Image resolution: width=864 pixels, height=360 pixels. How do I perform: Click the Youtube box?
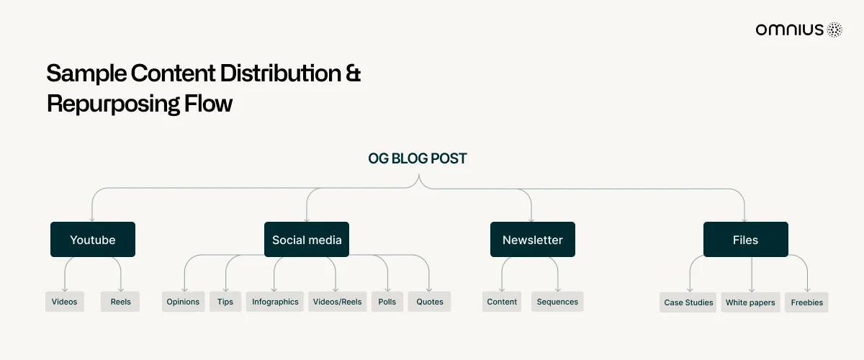pyautogui.click(x=93, y=239)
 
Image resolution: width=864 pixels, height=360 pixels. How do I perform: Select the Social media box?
pyautogui.click(x=307, y=239)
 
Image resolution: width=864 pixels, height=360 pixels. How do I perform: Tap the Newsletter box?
pyautogui.click(x=533, y=239)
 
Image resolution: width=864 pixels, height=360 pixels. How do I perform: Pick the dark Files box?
pyautogui.click(x=746, y=239)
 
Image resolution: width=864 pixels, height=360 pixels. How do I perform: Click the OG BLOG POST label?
pyautogui.click(x=418, y=158)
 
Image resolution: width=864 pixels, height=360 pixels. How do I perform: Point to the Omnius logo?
pyautogui.click(x=798, y=30)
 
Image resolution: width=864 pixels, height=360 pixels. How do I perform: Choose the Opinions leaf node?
pyautogui.click(x=183, y=302)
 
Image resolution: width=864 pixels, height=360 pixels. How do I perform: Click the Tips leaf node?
pyautogui.click(x=225, y=302)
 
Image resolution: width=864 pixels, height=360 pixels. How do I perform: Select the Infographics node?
pyautogui.click(x=275, y=302)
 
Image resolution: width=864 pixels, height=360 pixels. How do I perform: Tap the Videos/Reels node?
pyautogui.click(x=337, y=302)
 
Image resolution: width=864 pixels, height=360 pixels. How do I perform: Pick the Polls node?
pyautogui.click(x=387, y=302)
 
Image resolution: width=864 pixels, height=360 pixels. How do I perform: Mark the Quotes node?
pyautogui.click(x=429, y=302)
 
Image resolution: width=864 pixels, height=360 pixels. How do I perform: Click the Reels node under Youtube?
pyautogui.click(x=120, y=302)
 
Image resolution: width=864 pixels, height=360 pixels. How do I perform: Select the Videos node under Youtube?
pyautogui.click(x=64, y=302)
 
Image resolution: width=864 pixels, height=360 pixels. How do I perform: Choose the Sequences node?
pyautogui.click(x=557, y=302)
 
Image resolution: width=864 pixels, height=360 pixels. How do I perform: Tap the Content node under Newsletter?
pyautogui.click(x=502, y=302)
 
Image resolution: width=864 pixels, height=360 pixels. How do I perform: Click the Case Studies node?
pyautogui.click(x=688, y=302)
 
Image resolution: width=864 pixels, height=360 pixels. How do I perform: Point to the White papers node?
pyautogui.click(x=750, y=302)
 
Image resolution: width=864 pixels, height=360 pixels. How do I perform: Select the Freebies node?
pyautogui.click(x=806, y=302)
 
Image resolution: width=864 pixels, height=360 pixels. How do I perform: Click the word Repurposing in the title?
pyautogui.click(x=113, y=104)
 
